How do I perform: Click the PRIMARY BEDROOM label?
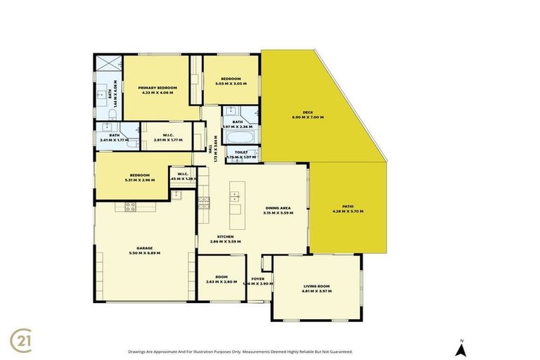(x=157, y=87)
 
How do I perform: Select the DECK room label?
(x=307, y=112)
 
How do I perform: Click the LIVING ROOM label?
(x=316, y=286)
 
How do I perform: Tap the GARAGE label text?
(x=145, y=247)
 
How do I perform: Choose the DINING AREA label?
(x=278, y=207)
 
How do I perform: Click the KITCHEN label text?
(x=225, y=236)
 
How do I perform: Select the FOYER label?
(x=257, y=278)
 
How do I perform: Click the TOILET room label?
(x=241, y=151)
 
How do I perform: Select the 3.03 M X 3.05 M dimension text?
(x=231, y=83)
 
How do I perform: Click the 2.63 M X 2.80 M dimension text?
(x=219, y=282)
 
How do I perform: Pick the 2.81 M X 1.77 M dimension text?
(x=167, y=139)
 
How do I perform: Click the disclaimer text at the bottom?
(x=240, y=352)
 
